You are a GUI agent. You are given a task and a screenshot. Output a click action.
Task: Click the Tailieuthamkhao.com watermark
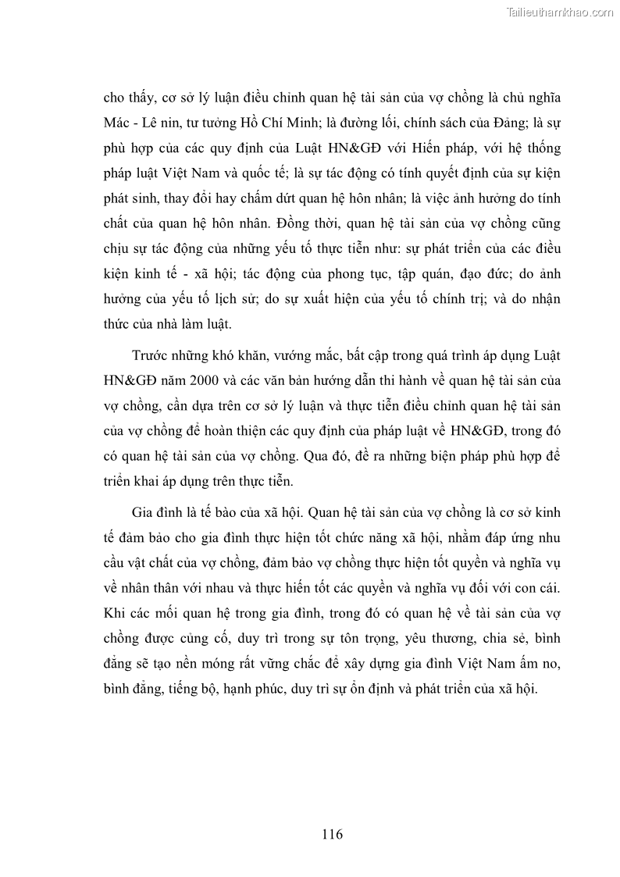(x=561, y=12)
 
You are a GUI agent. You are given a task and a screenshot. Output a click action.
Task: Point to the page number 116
(x=332, y=834)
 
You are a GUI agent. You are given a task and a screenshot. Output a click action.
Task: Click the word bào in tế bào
(x=230, y=512)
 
